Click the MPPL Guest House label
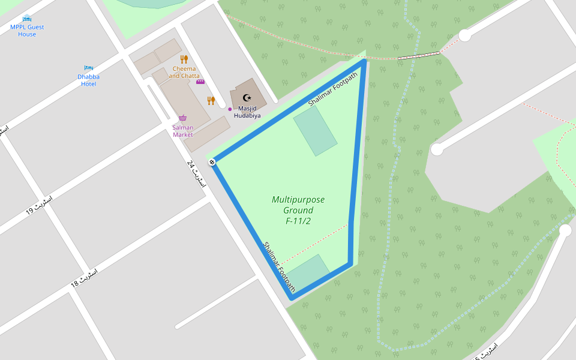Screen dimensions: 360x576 coord(27,31)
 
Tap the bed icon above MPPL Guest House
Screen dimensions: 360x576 coord(27,18)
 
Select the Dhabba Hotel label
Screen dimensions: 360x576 coord(89,80)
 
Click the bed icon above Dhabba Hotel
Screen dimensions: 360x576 coord(89,68)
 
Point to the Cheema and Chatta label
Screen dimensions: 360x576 coord(184,72)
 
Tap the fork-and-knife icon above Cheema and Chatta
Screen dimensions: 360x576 coord(184,59)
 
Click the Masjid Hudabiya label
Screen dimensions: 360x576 coord(247,112)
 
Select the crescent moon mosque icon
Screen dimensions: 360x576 coord(246,97)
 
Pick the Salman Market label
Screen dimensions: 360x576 coord(183,131)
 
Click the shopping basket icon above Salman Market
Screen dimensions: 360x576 coord(182,118)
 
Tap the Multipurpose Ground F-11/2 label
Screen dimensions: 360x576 coord(298,210)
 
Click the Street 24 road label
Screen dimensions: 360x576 coord(196,175)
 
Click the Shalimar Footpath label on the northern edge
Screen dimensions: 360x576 coord(332,89)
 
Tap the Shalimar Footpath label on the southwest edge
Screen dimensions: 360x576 coord(279,267)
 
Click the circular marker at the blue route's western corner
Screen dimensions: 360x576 coord(212,162)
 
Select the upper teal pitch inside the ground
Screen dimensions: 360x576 coord(315,131)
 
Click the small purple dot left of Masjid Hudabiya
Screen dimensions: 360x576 coord(230,109)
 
